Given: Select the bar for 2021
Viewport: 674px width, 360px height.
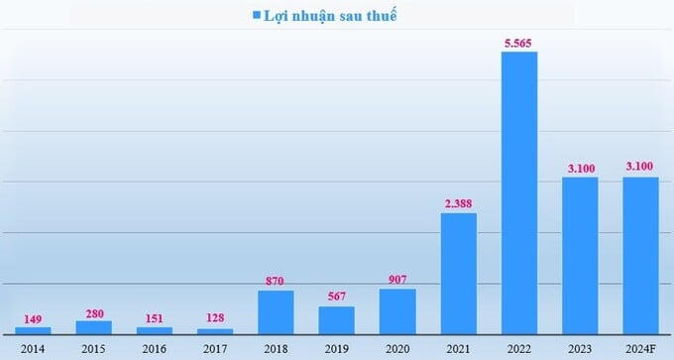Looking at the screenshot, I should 458,273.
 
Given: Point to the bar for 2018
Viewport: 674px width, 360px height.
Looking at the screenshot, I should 276,311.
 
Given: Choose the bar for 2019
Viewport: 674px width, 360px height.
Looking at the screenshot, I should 336,319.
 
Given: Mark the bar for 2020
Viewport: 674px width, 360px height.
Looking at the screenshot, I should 397,310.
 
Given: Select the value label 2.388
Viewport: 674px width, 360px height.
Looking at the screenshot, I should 458,203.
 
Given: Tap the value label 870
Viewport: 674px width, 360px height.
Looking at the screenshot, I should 276,281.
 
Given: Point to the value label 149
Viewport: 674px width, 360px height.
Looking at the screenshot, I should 33,318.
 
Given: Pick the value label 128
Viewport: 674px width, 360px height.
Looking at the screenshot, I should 215,318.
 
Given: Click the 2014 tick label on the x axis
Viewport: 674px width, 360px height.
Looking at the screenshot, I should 33,348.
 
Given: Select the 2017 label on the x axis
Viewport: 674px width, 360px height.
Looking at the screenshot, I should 215,348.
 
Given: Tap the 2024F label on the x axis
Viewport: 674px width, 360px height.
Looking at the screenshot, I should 640,348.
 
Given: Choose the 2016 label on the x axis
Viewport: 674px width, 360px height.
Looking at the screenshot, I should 154,348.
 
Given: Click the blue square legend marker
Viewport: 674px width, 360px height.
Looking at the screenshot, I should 257,15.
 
